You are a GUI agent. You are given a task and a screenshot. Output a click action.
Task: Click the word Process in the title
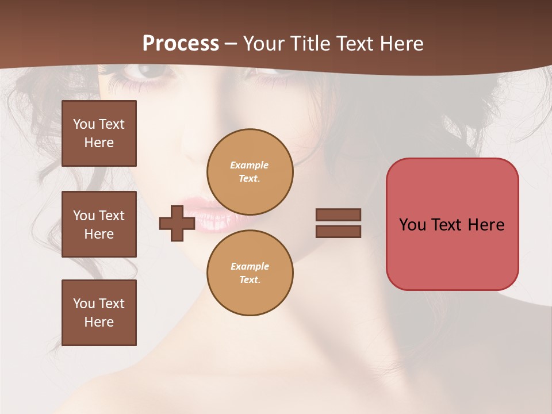pyautogui.click(x=181, y=44)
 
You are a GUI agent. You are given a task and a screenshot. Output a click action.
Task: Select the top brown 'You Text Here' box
pyautogui.click(x=99, y=133)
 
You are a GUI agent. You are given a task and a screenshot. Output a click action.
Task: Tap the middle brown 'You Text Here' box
pyautogui.click(x=99, y=224)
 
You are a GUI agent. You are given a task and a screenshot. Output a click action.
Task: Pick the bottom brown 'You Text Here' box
pyautogui.click(x=99, y=312)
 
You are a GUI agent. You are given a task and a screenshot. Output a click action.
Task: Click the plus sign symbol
pyautogui.click(x=177, y=223)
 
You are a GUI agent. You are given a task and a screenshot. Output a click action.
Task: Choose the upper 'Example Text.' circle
pyautogui.click(x=250, y=172)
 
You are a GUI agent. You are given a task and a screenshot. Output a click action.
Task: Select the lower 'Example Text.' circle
pyautogui.click(x=250, y=273)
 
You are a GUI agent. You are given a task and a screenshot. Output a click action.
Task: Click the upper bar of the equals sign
pyautogui.click(x=338, y=214)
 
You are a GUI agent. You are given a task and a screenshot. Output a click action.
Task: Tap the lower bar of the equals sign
pyautogui.click(x=338, y=231)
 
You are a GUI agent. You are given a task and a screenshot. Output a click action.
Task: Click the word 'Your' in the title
pyautogui.click(x=262, y=44)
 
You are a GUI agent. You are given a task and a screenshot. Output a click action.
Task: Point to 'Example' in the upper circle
pyautogui.click(x=250, y=165)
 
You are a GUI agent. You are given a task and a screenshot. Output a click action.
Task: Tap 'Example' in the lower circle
pyautogui.click(x=250, y=266)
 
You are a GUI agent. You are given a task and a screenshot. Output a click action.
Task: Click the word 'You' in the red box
pyautogui.click(x=413, y=224)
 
